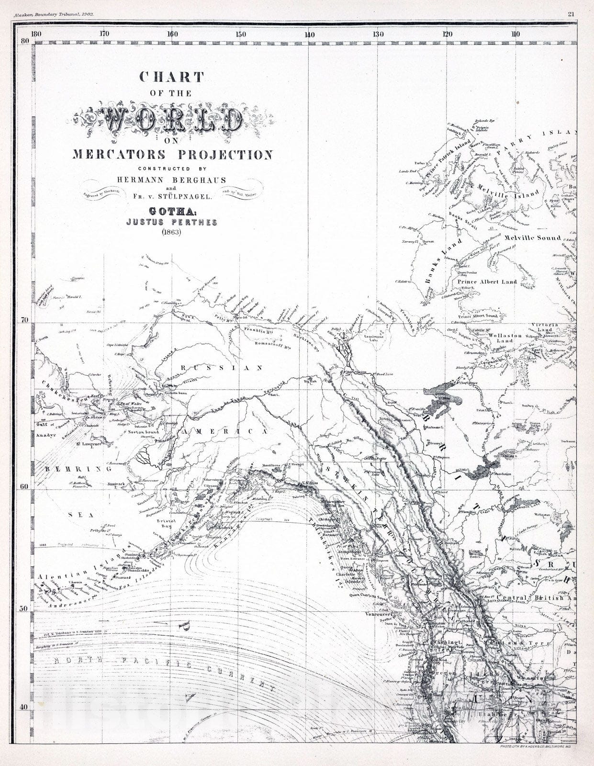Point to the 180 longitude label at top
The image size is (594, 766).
[x=35, y=34]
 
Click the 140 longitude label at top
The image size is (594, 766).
[x=309, y=34]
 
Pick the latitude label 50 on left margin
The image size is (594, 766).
[x=24, y=608]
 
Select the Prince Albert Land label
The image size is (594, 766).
[x=487, y=282]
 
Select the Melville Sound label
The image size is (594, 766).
[x=535, y=238]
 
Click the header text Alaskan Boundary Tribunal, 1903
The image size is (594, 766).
[x=54, y=14]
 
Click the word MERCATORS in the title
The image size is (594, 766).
[x=119, y=155]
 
